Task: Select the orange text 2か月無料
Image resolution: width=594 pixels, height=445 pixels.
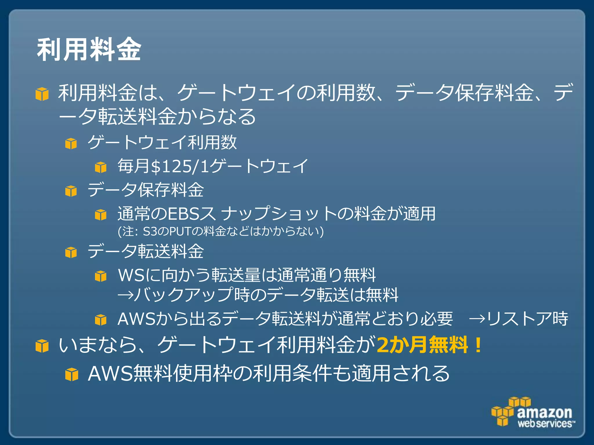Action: coord(422,345)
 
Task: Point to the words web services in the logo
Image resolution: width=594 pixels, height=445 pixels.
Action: coord(544,424)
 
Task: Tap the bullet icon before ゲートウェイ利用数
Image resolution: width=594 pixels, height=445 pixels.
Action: coord(71,143)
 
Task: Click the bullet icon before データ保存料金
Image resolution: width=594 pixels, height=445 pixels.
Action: coord(71,191)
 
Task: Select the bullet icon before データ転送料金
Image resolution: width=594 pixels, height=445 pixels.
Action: coord(71,252)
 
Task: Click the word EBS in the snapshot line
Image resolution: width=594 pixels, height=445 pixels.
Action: coord(184,214)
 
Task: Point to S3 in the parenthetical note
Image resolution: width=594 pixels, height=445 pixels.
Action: coord(150,231)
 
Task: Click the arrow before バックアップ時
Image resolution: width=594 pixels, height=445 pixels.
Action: coord(125,295)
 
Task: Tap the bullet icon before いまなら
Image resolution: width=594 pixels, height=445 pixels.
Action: coord(42,346)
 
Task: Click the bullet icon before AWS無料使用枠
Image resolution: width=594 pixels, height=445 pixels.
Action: coord(72,374)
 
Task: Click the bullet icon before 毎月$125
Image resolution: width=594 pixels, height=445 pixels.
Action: coord(101,167)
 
